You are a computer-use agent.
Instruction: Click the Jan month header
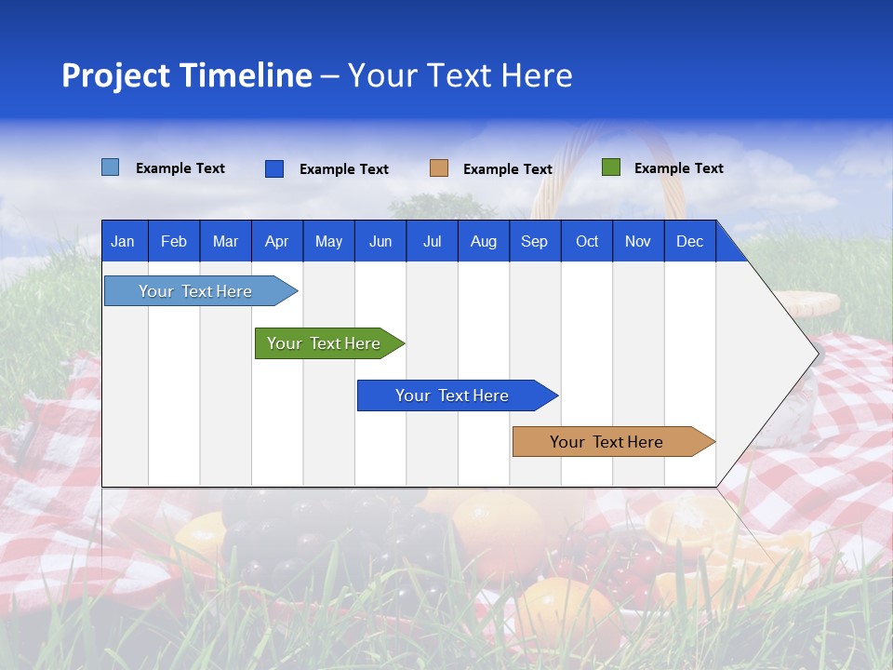click(123, 241)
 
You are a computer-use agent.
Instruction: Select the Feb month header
click(174, 241)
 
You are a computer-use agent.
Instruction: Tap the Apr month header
click(276, 241)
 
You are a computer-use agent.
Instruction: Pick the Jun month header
click(380, 241)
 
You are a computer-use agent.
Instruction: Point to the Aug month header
click(483, 241)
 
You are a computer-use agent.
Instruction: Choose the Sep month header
click(534, 241)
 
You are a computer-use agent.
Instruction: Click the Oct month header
click(587, 241)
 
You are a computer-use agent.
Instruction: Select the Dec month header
click(689, 241)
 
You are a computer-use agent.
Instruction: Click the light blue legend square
click(111, 167)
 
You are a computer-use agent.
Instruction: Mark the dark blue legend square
click(274, 168)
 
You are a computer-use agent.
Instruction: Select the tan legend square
click(439, 168)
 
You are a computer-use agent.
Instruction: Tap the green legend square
click(611, 167)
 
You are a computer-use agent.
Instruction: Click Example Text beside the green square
click(678, 168)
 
